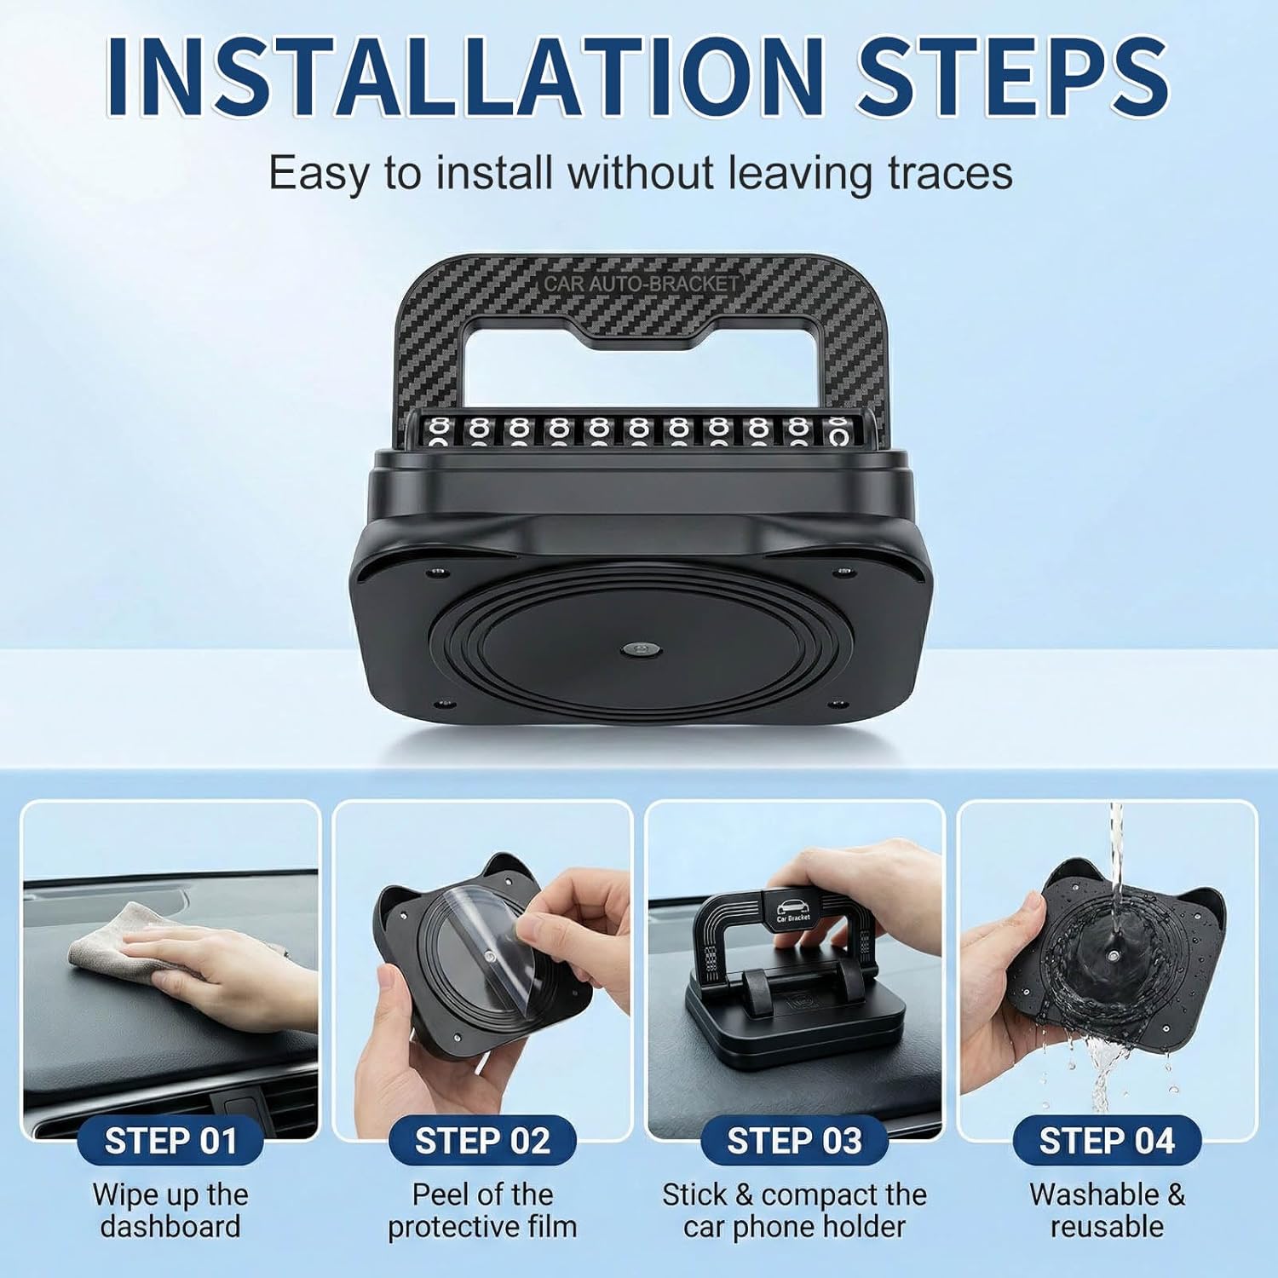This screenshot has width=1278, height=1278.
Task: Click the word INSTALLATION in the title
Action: point(464,77)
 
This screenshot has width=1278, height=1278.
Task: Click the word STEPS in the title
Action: point(1013,77)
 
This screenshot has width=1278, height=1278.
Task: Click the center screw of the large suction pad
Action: point(634,649)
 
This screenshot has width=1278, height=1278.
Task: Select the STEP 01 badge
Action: point(170,1142)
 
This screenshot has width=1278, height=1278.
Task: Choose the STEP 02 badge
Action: point(482,1142)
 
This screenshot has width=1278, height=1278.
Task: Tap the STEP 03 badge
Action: point(794,1142)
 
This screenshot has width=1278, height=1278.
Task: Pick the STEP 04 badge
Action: point(1107,1142)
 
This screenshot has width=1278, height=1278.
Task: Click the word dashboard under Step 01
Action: point(170,1227)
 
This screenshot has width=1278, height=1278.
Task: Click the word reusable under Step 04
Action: point(1107,1227)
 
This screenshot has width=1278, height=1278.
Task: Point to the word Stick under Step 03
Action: point(694,1195)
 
